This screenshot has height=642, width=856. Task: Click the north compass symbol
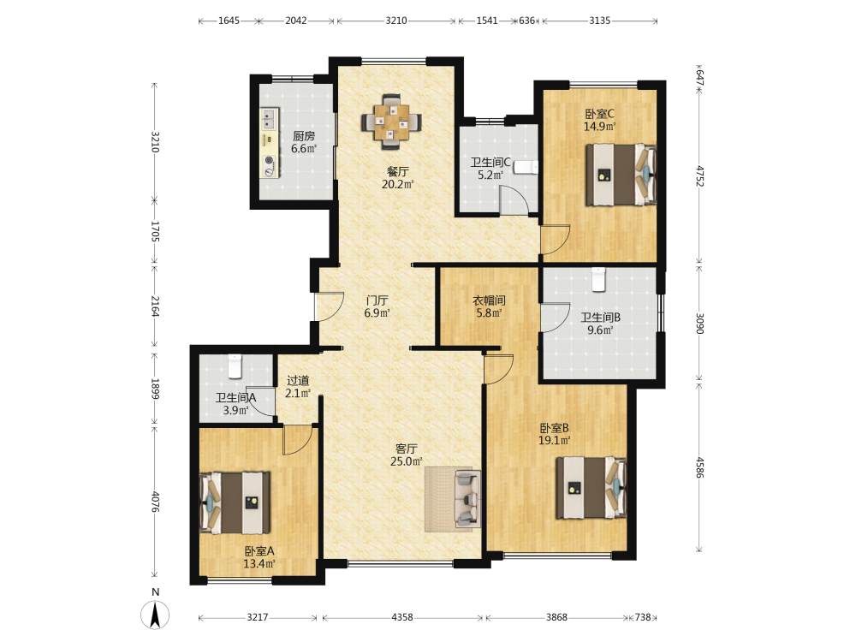(x=155, y=615)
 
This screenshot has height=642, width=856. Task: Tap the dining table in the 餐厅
(x=391, y=122)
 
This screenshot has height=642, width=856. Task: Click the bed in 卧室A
(x=235, y=502)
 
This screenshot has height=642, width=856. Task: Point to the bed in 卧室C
(x=621, y=175)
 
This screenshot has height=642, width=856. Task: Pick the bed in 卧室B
(x=591, y=488)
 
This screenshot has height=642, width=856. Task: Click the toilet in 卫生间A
(x=235, y=366)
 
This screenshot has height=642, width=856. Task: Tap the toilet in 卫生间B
(x=599, y=280)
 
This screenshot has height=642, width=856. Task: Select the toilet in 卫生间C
(x=526, y=167)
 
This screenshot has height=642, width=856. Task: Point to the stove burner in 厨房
(x=269, y=160)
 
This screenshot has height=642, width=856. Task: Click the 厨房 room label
(x=304, y=136)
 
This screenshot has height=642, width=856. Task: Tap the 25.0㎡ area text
(x=406, y=461)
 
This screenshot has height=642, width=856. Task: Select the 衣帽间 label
(x=489, y=300)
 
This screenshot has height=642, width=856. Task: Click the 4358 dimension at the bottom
(x=402, y=617)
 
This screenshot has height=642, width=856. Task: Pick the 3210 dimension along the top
(x=396, y=21)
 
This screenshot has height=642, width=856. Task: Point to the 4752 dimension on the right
(x=700, y=175)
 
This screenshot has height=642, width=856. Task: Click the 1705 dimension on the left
(x=154, y=231)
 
